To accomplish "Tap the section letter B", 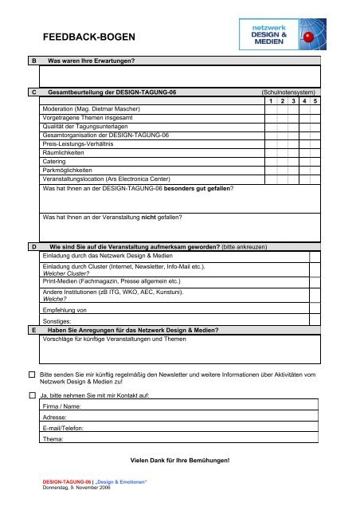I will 33,61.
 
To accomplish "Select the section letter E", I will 33,328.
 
